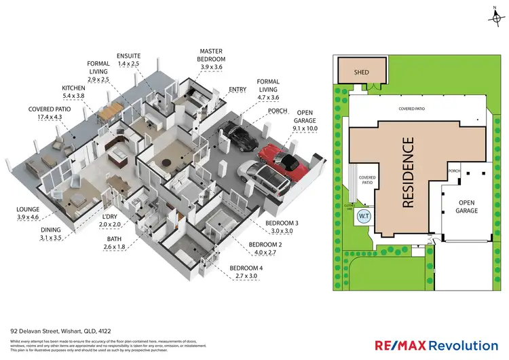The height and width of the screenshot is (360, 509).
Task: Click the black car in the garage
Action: (x=242, y=137)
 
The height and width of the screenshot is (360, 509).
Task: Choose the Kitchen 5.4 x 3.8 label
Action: (x=73, y=92)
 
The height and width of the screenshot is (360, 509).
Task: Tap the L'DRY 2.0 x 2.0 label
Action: (x=109, y=220)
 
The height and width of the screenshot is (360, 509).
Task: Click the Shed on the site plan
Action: (x=360, y=71)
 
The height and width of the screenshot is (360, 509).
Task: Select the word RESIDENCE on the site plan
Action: (x=408, y=173)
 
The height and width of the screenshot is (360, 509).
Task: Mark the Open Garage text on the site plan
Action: (x=468, y=206)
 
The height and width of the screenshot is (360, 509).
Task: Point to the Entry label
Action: (x=238, y=88)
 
